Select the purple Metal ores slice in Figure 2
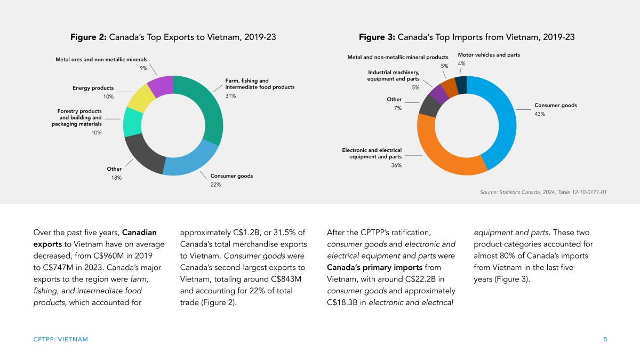(x=161, y=87)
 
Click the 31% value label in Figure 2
(x=230, y=96)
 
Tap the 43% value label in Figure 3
(x=540, y=114)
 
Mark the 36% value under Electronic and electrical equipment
(x=396, y=166)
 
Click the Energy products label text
(x=93, y=88)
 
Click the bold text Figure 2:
(x=89, y=37)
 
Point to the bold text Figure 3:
(x=377, y=37)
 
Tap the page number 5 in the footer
(x=605, y=339)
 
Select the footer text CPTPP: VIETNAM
(x=60, y=339)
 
